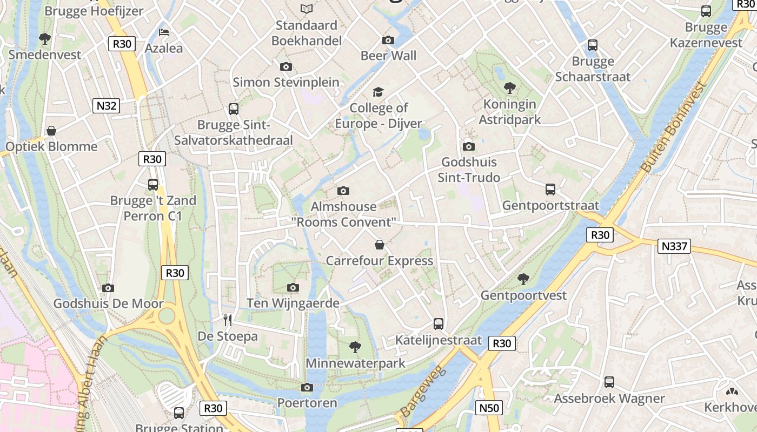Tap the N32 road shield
point(106,106)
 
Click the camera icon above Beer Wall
point(388,40)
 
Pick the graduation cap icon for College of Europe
point(378,92)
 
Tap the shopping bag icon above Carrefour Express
point(380,245)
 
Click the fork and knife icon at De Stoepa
point(228,320)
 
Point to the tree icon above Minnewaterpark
point(355,347)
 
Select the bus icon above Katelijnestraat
point(439,324)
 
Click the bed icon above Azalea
point(164,32)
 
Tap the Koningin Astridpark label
point(509,112)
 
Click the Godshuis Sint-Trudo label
point(469,170)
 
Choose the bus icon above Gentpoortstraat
point(550,190)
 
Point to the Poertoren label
point(307,403)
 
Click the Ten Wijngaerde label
point(293,303)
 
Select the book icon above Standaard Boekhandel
point(307,9)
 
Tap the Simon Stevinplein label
point(286,82)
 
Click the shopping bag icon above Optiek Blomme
point(51,131)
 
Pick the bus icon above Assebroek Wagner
point(609,382)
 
